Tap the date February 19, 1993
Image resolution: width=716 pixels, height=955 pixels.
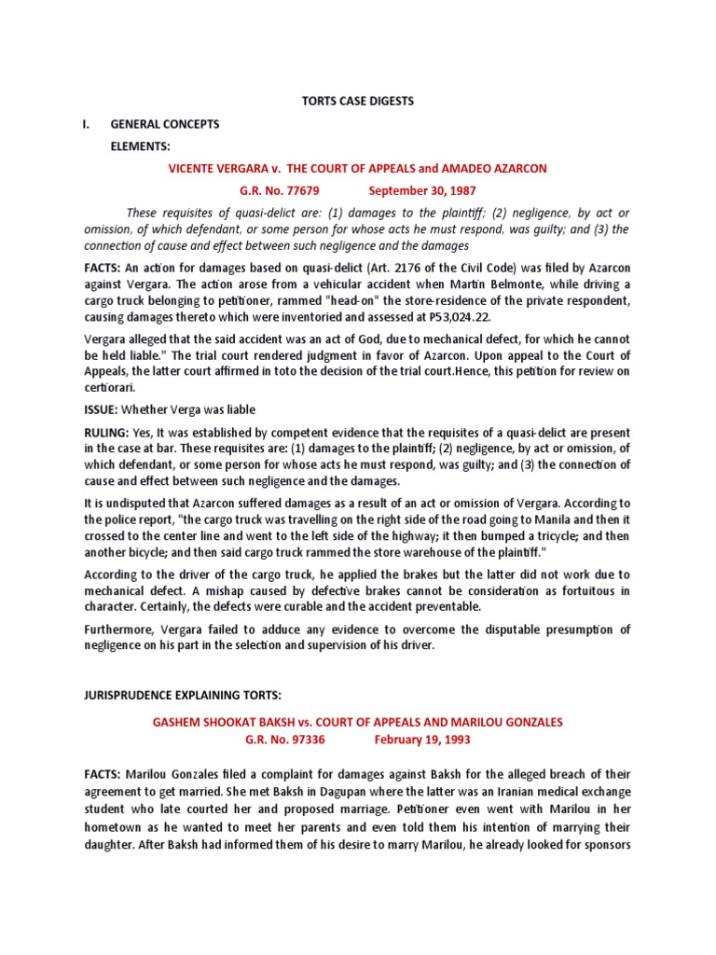(x=422, y=740)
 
